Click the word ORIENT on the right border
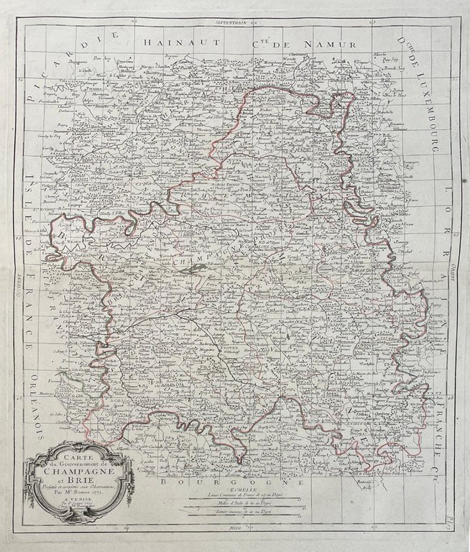453,273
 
